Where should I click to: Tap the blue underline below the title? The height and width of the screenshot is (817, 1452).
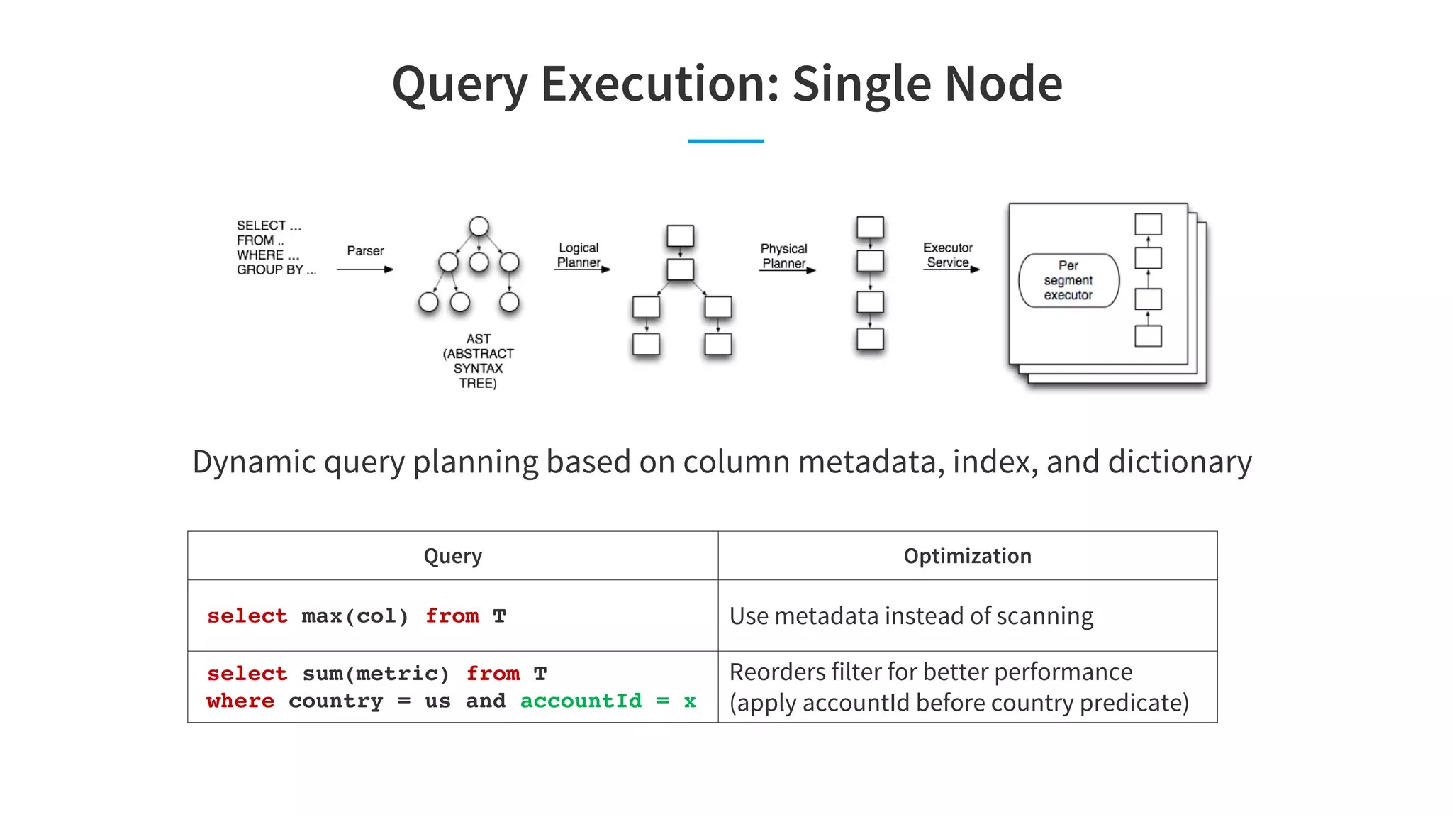(x=725, y=141)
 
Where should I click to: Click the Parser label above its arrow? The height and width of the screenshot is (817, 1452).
(x=365, y=251)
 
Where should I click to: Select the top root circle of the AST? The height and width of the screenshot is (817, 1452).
(x=479, y=226)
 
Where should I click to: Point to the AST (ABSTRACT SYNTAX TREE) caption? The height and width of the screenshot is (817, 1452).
(x=479, y=361)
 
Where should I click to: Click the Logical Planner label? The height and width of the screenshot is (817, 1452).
(x=579, y=255)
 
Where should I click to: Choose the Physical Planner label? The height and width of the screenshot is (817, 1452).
(x=783, y=256)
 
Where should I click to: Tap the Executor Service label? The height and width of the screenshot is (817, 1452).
(x=948, y=255)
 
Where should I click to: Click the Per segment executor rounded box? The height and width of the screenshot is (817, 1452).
(x=1068, y=281)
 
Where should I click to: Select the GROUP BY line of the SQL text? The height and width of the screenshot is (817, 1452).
(x=276, y=270)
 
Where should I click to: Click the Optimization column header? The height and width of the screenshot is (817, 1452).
(x=967, y=556)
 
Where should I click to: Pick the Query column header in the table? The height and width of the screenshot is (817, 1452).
(x=452, y=556)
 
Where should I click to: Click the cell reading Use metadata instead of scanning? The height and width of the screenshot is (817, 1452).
(x=911, y=616)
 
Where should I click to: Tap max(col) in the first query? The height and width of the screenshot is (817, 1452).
(x=355, y=616)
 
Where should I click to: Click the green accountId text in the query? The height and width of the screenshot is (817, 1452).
(x=581, y=701)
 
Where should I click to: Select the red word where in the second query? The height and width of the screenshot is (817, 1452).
(x=240, y=701)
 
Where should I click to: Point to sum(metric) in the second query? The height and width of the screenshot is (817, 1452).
(x=376, y=673)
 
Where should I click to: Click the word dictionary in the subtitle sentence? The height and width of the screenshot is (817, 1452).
(x=1180, y=462)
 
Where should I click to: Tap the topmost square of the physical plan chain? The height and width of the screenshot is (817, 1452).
(x=870, y=228)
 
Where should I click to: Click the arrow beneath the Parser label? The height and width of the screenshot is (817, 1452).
(x=364, y=269)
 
